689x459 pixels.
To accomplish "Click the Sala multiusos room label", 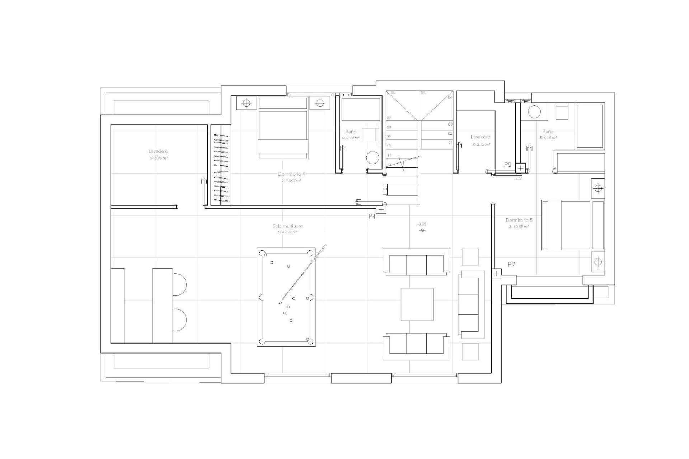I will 288,226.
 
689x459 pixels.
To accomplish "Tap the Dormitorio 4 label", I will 291,174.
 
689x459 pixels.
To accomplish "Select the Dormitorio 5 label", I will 519,220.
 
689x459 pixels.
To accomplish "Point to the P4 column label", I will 372,217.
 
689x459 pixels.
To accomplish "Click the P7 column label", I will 512,264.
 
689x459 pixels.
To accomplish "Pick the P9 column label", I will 507,165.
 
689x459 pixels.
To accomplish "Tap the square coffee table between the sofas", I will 417,304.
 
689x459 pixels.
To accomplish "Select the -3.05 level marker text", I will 422,224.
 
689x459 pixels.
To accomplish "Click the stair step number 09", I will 389,137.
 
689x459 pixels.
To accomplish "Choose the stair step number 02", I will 450,133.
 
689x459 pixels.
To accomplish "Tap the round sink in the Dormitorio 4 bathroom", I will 373,158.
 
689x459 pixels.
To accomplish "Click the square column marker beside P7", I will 496,274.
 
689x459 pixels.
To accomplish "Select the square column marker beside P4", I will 381,208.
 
